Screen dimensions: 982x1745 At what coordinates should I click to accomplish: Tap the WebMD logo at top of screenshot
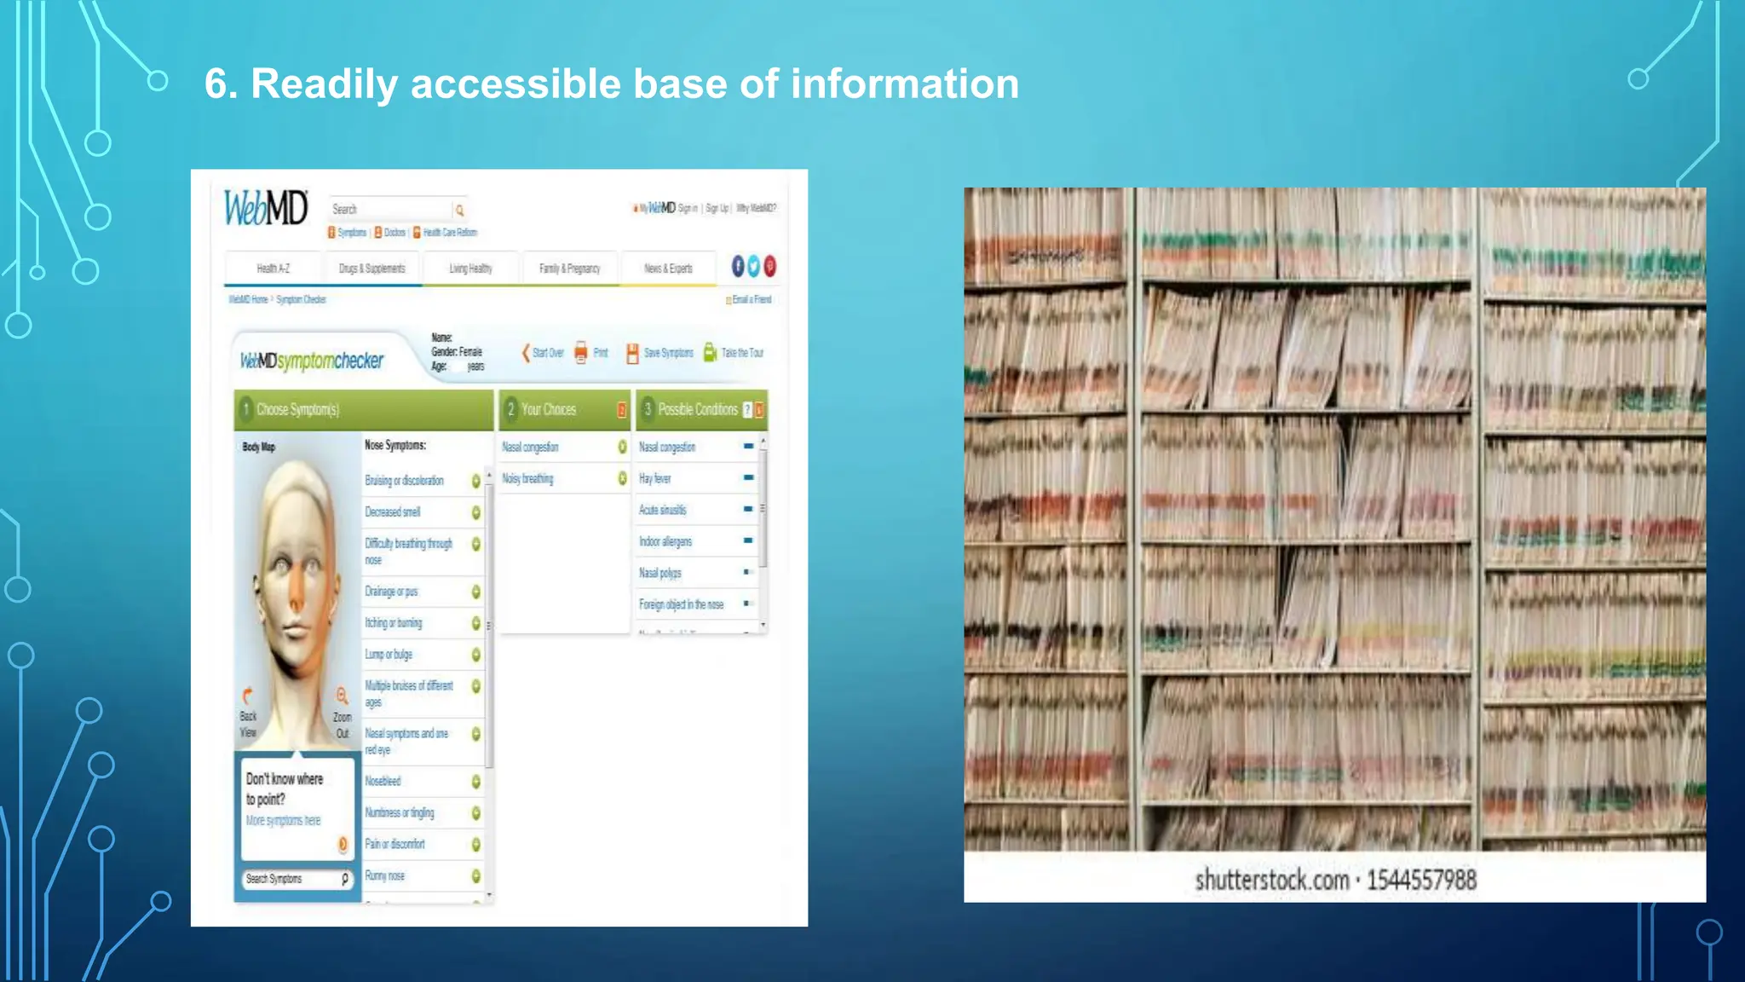(265, 207)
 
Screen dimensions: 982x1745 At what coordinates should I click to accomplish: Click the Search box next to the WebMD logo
(390, 210)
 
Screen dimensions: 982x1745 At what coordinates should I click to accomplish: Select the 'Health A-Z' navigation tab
(273, 269)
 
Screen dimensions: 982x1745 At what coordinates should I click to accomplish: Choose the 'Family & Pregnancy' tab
(569, 269)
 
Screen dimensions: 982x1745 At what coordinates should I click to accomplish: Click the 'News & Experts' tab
(668, 269)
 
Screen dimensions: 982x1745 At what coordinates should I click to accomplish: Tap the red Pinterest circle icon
(770, 266)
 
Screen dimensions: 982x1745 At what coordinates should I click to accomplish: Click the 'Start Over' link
(547, 353)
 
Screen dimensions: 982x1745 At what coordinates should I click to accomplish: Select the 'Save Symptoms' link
(668, 353)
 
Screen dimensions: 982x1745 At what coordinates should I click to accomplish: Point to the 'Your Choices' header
(549, 410)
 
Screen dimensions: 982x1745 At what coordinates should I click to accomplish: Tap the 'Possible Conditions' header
(697, 410)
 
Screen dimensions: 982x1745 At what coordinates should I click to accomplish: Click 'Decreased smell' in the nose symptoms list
(393, 512)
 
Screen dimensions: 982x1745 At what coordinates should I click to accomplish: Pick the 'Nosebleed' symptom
(383, 781)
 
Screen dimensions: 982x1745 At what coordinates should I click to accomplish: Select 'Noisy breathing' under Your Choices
(527, 479)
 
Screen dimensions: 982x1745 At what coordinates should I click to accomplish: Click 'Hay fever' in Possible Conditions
(655, 479)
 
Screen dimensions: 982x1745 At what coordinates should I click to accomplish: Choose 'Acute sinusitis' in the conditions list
(662, 511)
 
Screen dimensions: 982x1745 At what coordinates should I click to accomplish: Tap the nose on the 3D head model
(296, 591)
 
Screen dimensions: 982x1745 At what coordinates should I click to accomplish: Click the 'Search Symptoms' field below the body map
(290, 879)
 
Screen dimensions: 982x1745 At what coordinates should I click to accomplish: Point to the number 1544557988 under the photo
(1421, 880)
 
